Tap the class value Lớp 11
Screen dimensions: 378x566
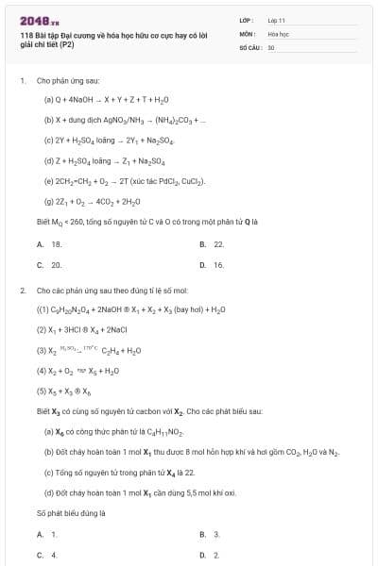tap(276, 19)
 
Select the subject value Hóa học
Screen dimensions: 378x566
tap(277, 32)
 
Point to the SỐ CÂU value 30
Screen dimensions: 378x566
tap(271, 45)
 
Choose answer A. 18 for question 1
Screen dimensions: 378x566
tap(50, 243)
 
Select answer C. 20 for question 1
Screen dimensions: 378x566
tap(50, 265)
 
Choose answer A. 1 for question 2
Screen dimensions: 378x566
tap(47, 534)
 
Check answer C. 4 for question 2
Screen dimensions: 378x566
tap(47, 555)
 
